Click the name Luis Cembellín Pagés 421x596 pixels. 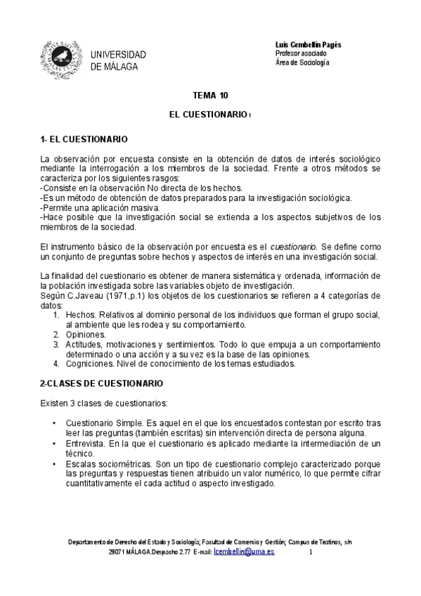point(308,44)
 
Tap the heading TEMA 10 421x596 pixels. point(210,95)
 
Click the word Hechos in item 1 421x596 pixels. point(79,316)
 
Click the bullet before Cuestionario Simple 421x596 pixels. point(55,424)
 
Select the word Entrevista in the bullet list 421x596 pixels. point(86,444)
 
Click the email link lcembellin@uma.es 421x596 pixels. point(244,552)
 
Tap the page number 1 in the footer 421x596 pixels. point(311,552)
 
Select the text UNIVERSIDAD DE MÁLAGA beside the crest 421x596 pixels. point(118,60)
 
